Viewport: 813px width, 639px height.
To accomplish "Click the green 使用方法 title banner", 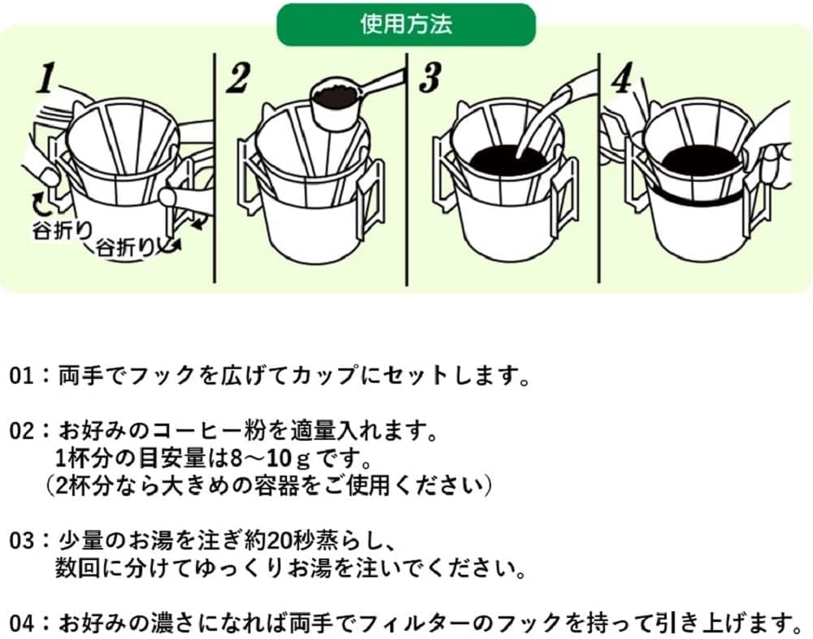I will coord(406,24).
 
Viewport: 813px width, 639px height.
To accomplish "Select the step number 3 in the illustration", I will coord(429,79).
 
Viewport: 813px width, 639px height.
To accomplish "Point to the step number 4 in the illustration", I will coord(621,79).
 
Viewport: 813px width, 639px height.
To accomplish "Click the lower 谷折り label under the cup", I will coord(127,247).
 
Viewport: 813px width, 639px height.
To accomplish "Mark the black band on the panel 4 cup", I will coord(695,197).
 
